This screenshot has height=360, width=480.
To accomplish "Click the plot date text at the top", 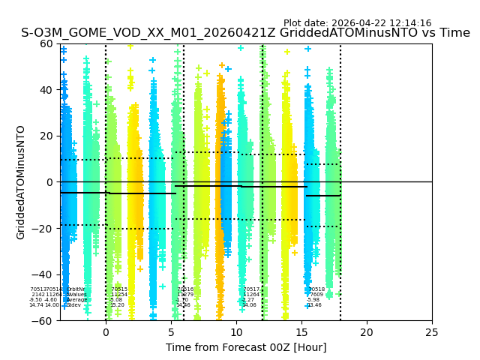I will [x=357, y=23].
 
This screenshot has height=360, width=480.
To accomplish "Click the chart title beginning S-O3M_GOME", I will [x=245, y=33].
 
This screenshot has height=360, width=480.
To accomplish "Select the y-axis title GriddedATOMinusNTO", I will [x=21, y=182].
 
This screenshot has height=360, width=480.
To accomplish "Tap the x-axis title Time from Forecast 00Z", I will [x=246, y=347].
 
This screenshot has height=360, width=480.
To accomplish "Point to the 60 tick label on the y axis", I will [x=46, y=43].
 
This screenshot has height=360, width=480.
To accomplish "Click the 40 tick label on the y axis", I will [x=46, y=90].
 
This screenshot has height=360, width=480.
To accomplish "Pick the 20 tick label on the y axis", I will [x=46, y=136].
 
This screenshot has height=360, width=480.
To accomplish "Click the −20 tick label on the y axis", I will [x=43, y=229].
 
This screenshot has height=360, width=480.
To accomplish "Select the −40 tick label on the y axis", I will [x=43, y=274].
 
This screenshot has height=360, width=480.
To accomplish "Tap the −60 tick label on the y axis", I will [x=43, y=321].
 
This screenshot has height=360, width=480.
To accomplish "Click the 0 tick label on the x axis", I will [x=106, y=332].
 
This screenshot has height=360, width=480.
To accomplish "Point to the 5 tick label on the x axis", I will [x=171, y=332].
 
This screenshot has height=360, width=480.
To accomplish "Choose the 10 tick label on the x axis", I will [x=236, y=332].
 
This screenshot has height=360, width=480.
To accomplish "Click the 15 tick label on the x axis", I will [x=301, y=332].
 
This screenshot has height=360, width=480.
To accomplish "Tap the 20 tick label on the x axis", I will [x=367, y=332].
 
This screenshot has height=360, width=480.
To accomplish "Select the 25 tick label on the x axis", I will [x=432, y=332].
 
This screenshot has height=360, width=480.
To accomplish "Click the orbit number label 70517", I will [x=251, y=289].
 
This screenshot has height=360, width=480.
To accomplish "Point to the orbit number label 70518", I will [x=316, y=289].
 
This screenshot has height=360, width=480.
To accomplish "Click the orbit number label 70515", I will [x=119, y=289].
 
